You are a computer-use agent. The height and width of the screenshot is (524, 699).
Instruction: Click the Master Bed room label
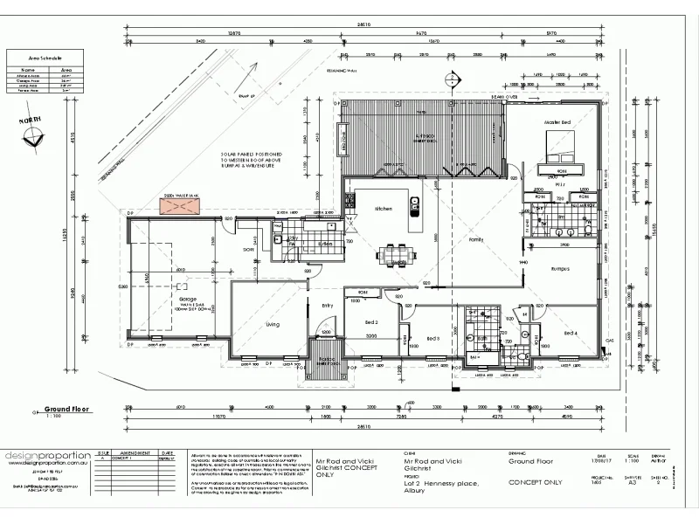point(557,122)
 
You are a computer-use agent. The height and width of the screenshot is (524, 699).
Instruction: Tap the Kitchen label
point(384,210)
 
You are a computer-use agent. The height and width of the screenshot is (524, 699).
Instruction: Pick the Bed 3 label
point(433,338)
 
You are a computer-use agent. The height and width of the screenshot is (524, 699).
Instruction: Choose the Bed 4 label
point(570,333)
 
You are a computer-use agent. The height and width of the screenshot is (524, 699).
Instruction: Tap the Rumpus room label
point(560,269)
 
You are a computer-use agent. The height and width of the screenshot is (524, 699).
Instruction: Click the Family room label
point(476,238)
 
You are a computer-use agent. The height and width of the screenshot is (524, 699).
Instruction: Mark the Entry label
point(328,305)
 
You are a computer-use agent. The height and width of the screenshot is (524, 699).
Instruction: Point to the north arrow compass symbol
point(34,135)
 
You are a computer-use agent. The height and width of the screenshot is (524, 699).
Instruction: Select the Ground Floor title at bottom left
point(69,408)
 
